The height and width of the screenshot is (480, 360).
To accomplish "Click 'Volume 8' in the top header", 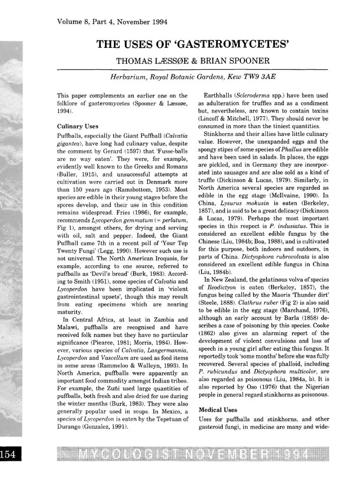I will [x=72, y=22].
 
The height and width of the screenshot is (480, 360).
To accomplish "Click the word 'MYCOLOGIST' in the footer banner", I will [x=125, y=455].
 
